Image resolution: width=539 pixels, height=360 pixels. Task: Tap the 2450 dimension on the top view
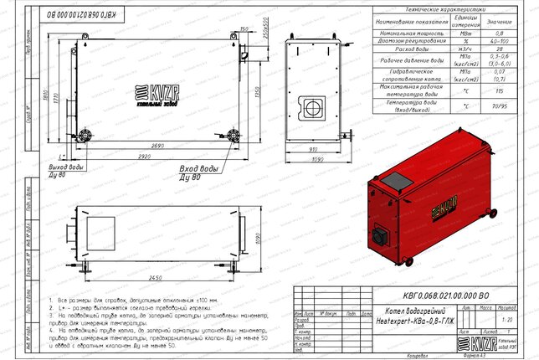(151, 277)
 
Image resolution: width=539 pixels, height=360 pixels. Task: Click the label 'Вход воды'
(198, 170)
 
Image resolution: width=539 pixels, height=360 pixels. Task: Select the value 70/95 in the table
(499, 106)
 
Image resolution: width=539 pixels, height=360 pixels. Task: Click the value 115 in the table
(499, 90)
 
